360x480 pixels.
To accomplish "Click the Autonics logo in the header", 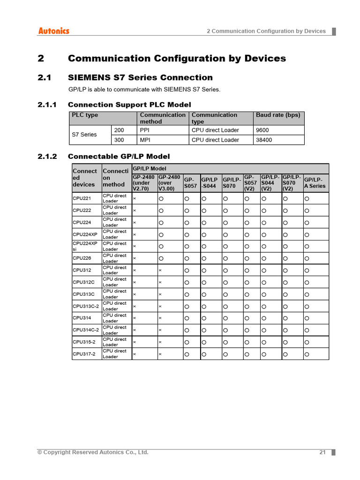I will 53,31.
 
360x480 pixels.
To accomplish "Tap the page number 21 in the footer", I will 322,452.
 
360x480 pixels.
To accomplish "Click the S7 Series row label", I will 84,135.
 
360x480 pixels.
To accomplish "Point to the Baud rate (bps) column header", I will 278,115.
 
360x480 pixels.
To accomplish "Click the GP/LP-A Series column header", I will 315,183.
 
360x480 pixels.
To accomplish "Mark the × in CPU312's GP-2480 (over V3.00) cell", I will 160,270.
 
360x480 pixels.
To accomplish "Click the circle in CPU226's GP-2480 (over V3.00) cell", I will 161,258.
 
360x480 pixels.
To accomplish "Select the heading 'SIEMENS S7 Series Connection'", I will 140,77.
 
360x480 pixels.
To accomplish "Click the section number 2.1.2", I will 47,156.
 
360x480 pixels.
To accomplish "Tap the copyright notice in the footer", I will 93,452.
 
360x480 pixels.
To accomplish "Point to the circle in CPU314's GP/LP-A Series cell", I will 307,318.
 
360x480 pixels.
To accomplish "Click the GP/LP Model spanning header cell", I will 230,168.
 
